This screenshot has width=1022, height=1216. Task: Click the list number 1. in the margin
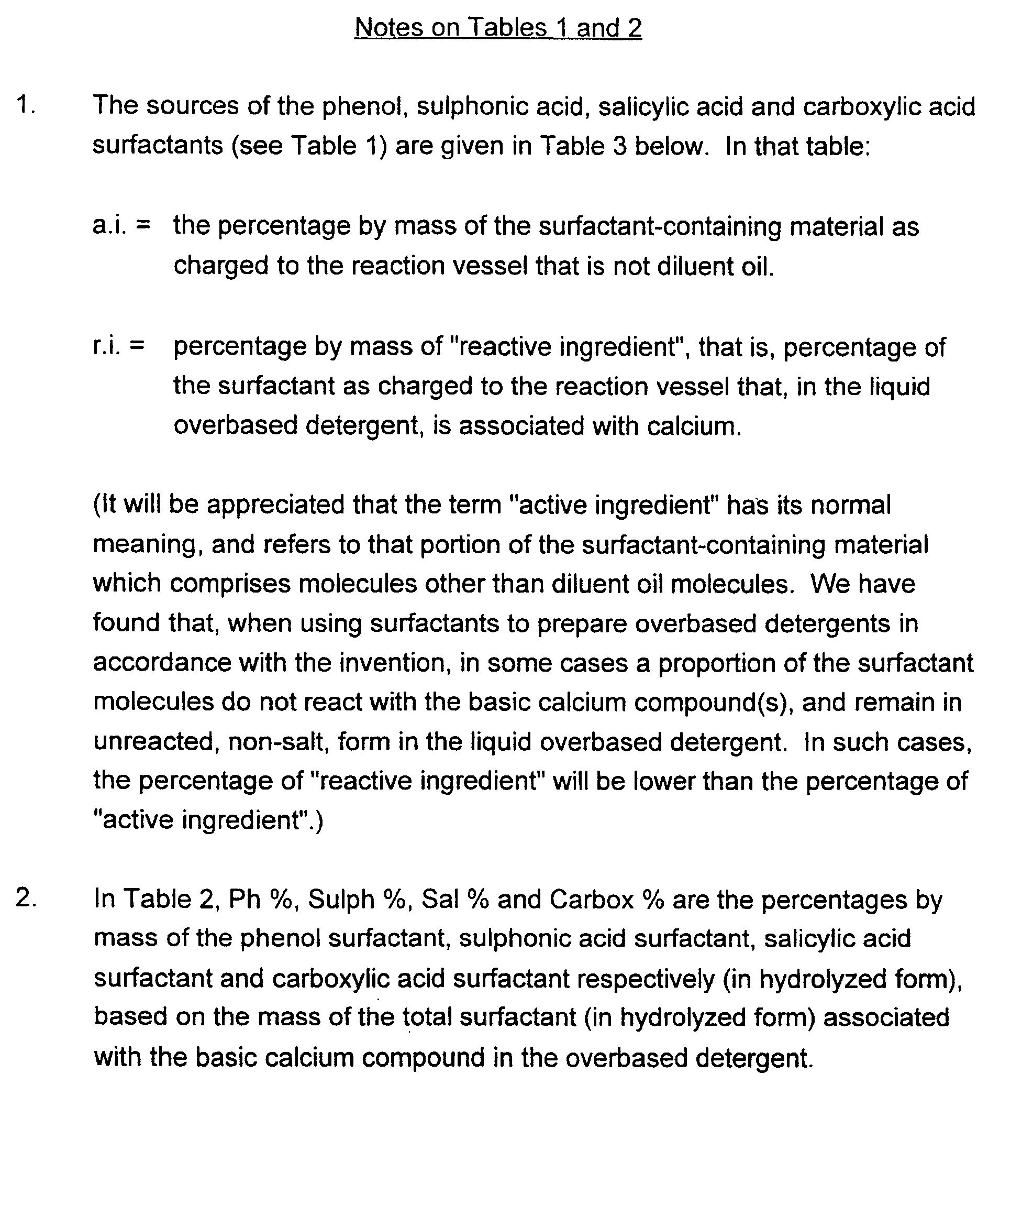(x=26, y=105)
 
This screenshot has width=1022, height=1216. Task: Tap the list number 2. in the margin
(x=26, y=898)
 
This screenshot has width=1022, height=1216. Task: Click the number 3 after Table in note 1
(x=619, y=146)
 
